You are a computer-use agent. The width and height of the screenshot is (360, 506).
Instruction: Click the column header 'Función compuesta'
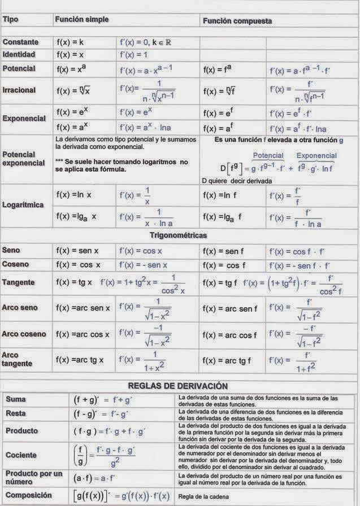coord(237,21)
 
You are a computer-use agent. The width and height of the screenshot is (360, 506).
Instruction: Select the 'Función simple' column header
coord(81,20)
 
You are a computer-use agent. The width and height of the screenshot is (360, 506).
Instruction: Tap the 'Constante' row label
coord(20,42)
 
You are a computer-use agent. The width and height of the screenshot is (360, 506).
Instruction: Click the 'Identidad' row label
coord(19,55)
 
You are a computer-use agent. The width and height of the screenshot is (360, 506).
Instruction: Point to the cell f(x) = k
coord(71,42)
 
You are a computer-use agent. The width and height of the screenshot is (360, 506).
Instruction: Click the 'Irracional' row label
coord(19,90)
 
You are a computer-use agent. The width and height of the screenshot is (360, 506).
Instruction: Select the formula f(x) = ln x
coord(74,194)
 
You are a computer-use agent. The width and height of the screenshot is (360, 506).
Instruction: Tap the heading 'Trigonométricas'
coord(179,234)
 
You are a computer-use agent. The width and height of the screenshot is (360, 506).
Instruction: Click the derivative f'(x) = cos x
coord(141,251)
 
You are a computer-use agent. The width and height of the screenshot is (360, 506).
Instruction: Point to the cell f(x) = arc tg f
coord(227,360)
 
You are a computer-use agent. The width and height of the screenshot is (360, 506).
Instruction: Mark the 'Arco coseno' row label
coord(24,334)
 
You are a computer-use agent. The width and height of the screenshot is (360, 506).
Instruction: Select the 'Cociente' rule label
coord(21,455)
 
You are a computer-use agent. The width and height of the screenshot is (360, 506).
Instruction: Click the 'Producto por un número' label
coord(33,478)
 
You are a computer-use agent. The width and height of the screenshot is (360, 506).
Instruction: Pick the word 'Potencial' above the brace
coord(268,155)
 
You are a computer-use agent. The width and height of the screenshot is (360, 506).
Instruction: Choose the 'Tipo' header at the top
coord(11,20)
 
